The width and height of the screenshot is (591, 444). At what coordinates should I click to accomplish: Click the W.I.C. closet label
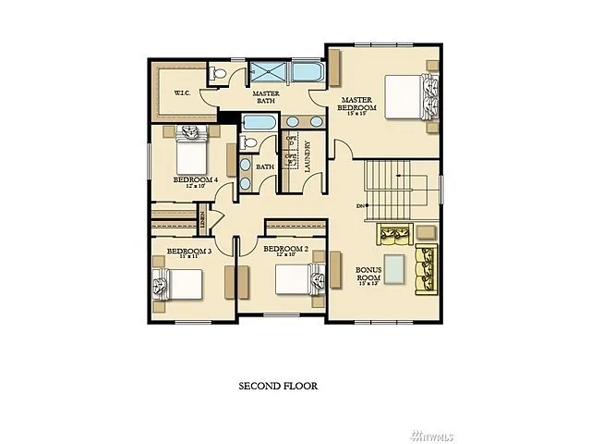coord(182,93)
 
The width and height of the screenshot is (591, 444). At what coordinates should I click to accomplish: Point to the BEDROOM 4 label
coord(195,180)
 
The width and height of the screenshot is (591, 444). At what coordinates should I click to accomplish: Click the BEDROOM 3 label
coord(189,252)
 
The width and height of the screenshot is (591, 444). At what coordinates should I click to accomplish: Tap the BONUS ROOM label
coord(368,274)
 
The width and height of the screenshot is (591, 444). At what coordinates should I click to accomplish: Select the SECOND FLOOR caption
coord(278,386)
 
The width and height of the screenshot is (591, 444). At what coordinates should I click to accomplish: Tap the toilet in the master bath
coord(218,73)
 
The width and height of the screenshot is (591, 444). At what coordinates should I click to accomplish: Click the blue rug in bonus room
coord(395,267)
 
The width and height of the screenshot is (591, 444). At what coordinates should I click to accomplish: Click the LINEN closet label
coord(203,219)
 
